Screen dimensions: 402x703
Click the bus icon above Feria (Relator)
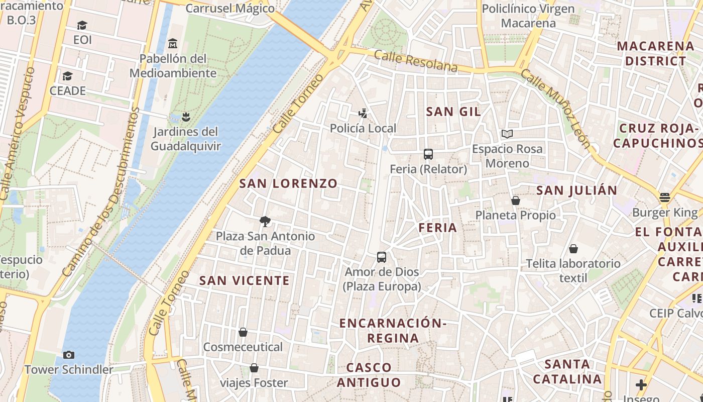coord(428,154)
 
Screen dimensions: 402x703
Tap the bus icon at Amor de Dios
coord(382,257)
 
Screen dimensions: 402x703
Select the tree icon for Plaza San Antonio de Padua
coord(265,221)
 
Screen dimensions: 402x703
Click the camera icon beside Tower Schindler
coord(69,355)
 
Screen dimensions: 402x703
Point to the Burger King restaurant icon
coord(665,197)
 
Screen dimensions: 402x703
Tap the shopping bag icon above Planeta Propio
coord(515,200)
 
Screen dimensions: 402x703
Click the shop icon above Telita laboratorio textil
coord(573,249)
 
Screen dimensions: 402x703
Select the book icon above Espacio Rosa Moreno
coord(507,134)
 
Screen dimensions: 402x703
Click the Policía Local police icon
coord(363,114)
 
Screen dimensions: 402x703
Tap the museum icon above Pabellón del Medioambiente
coord(173,43)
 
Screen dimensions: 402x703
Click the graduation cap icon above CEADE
coord(67,76)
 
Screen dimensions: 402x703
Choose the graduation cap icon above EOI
coord(82,25)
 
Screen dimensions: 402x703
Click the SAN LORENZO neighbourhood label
coord(288,183)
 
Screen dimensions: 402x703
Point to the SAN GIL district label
coord(453,112)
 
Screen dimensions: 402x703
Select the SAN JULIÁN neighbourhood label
coord(576,190)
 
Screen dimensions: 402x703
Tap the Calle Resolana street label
coord(416,61)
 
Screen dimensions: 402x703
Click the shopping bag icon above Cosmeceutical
coord(243,332)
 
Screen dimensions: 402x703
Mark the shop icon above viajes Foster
coord(254,368)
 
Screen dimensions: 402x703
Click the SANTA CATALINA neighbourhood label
coord(567,371)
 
